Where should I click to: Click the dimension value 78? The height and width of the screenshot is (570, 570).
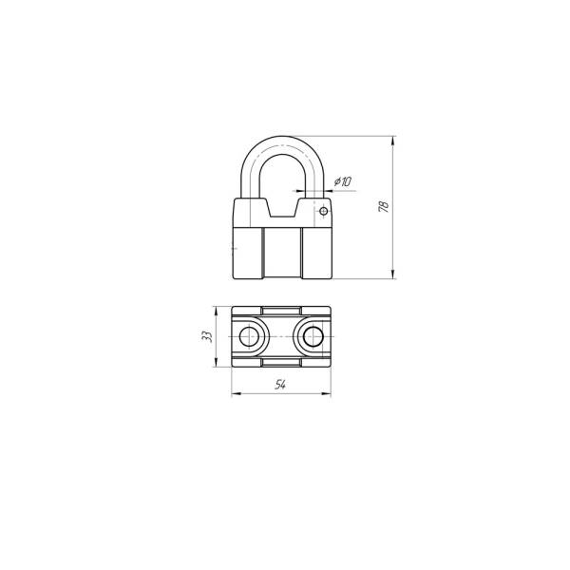[x=384, y=206]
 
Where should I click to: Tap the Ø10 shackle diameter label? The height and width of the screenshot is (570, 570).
[x=343, y=181]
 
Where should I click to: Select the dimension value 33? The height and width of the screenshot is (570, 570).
[x=207, y=336]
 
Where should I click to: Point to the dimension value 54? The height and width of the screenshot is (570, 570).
[x=280, y=384]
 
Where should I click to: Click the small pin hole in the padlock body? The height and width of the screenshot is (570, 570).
[x=324, y=211]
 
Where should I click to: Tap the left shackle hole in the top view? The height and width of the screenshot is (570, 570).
[x=249, y=336]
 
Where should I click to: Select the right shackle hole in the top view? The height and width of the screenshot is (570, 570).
[x=313, y=336]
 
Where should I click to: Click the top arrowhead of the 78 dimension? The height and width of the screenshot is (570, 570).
[x=393, y=141]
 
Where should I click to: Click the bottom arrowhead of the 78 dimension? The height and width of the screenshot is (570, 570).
[x=393, y=275]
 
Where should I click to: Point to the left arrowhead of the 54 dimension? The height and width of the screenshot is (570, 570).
[x=237, y=393]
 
